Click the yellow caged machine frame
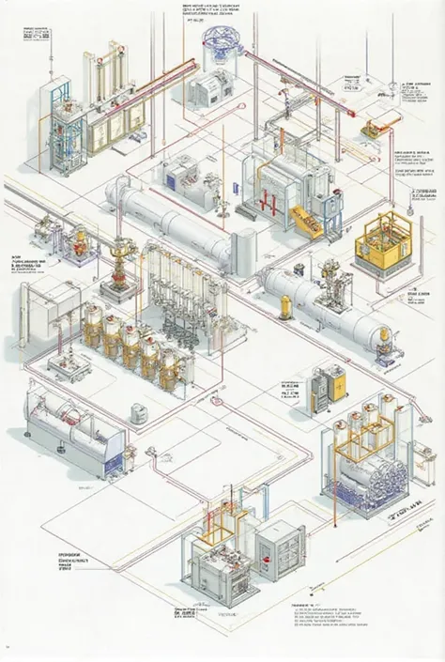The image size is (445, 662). click(x=385, y=239)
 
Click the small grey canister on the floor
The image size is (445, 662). click(x=138, y=411)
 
